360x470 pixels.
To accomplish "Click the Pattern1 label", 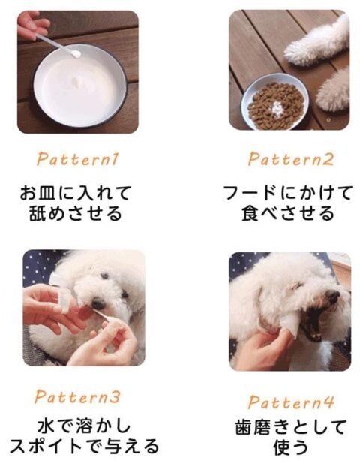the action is click(78, 159).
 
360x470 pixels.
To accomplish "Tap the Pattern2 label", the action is click(290, 159).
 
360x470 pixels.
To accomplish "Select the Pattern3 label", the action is click(77, 397).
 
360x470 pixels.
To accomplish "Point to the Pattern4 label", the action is click(291, 402).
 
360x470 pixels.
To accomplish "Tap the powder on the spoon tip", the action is click(76, 53).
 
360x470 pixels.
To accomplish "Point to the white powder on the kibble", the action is click(277, 108).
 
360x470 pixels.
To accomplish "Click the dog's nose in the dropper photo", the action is click(98, 304).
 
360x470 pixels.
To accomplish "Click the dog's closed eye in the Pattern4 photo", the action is click(296, 286).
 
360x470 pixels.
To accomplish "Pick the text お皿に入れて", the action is click(76, 194).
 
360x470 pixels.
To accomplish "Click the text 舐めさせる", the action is click(76, 213).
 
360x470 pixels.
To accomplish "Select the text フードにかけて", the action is click(288, 193).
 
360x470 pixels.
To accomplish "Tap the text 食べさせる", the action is click(288, 213).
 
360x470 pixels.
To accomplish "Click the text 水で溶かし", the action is click(85, 426).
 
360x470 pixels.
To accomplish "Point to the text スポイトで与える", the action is click(85, 447).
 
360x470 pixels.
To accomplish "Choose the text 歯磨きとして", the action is click(291, 427).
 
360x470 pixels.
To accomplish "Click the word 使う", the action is click(291, 447).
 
